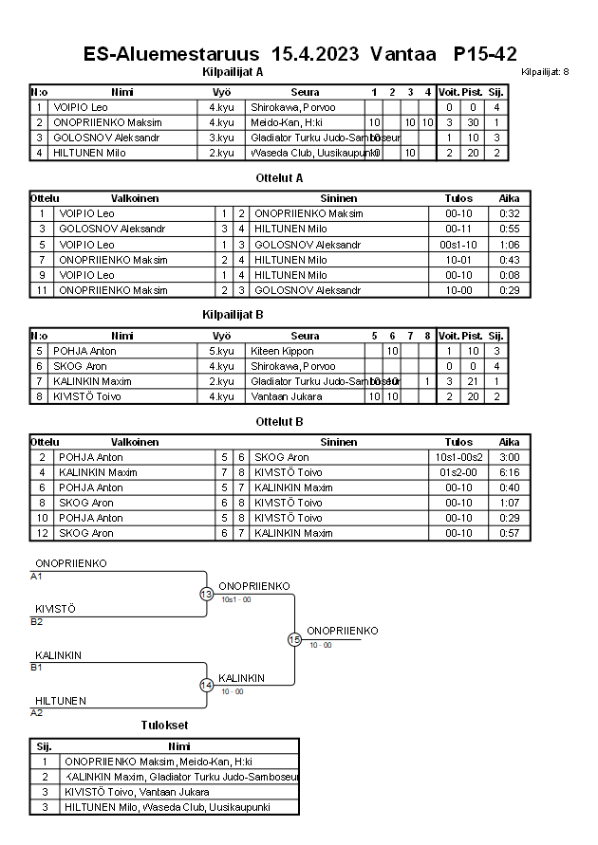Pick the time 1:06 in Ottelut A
(509, 244)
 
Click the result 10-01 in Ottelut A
(458, 259)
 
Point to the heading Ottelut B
(279, 421)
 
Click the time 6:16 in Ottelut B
(509, 472)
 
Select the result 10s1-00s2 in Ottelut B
(458, 457)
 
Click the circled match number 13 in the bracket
(206, 594)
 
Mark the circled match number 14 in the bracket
(206, 685)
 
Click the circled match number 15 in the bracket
(294, 639)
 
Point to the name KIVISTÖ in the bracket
(55, 608)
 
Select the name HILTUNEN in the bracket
(61, 700)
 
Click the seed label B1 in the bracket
(37, 667)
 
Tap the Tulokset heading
(164, 726)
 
